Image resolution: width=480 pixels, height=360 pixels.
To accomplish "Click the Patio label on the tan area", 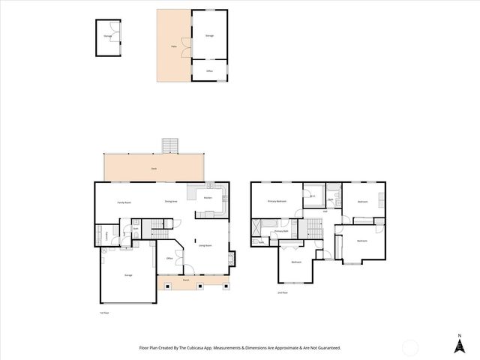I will coord(173,46).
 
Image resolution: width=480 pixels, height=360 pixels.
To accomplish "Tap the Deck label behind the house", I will coord(153,169).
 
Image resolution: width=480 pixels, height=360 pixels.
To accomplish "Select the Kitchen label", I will coord(208,198).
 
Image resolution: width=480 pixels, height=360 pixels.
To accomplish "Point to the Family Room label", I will coord(124,202).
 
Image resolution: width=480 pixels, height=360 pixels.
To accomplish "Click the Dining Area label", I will coord(171,201).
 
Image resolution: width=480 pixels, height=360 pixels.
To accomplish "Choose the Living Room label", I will coord(205,245).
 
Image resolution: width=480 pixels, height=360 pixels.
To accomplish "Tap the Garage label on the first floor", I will coord(128,276).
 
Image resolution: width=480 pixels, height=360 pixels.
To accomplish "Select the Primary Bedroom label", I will coord(278,202).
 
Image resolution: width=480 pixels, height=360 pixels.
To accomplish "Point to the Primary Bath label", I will coord(281,232).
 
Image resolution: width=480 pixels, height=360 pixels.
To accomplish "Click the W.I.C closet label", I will coord(313,196).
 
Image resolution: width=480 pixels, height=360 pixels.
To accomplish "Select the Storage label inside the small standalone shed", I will coord(108,34).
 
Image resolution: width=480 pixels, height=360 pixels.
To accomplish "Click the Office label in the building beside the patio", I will coord(210,70).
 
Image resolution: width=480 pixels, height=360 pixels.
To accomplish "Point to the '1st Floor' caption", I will coord(104,313).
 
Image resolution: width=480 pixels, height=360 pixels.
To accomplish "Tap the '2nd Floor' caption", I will coord(283,292).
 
